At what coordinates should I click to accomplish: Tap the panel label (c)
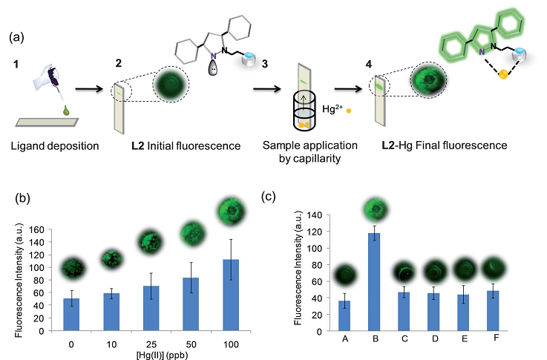273,197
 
